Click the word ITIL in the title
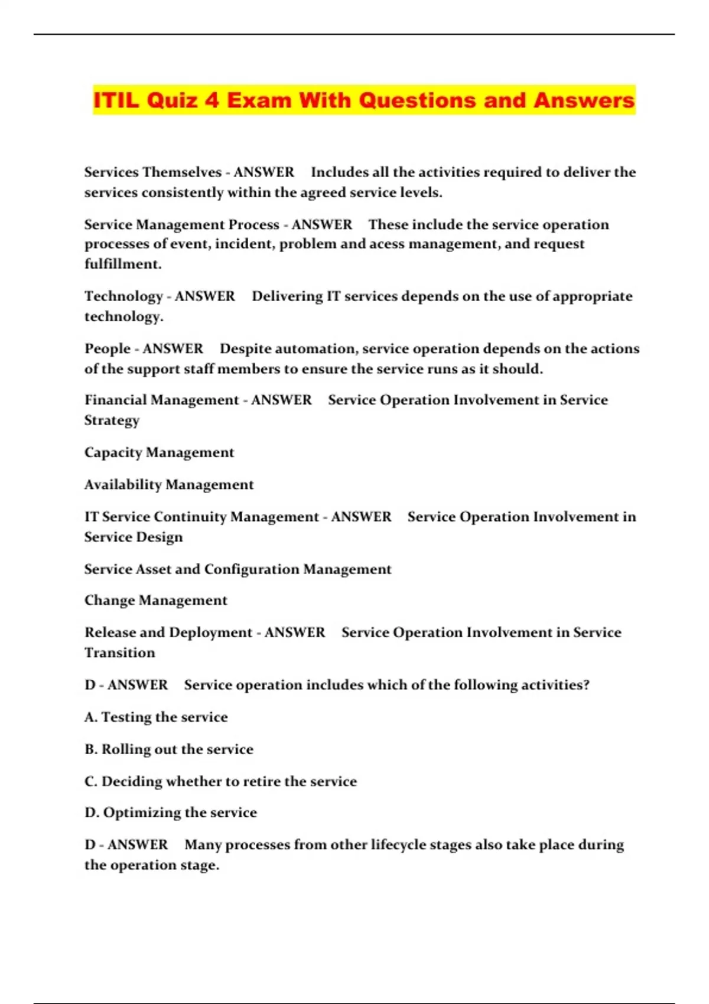pyautogui.click(x=116, y=100)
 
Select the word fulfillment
pyautogui.click(x=122, y=264)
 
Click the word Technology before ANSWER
pyautogui.click(x=123, y=296)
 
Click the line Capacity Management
pyautogui.click(x=159, y=452)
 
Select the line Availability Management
pyautogui.click(x=168, y=485)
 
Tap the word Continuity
pyautogui.click(x=190, y=517)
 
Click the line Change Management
pyautogui.click(x=155, y=601)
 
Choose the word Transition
pyautogui.click(x=119, y=653)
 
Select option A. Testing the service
pyautogui.click(x=156, y=717)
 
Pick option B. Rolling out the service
pyautogui.click(x=168, y=749)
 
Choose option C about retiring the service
pyautogui.click(x=220, y=781)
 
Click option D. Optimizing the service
pyautogui.click(x=170, y=813)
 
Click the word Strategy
pyautogui.click(x=112, y=420)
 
